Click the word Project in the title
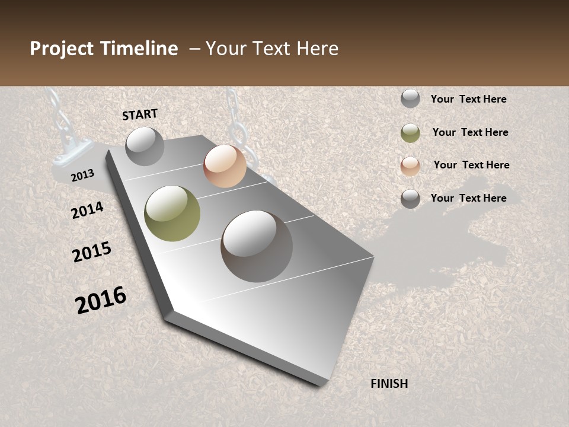61,49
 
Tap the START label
140,114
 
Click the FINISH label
389,384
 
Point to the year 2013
83,175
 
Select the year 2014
87,211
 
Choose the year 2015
92,252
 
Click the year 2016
101,300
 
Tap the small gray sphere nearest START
145,146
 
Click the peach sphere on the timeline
225,166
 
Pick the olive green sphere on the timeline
172,213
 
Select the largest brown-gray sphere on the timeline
257,246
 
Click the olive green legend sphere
410,133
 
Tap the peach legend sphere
410,166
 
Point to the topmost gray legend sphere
410,98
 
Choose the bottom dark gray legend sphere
410,199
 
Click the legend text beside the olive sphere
470,132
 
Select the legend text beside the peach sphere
471,165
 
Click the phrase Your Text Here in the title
272,49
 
